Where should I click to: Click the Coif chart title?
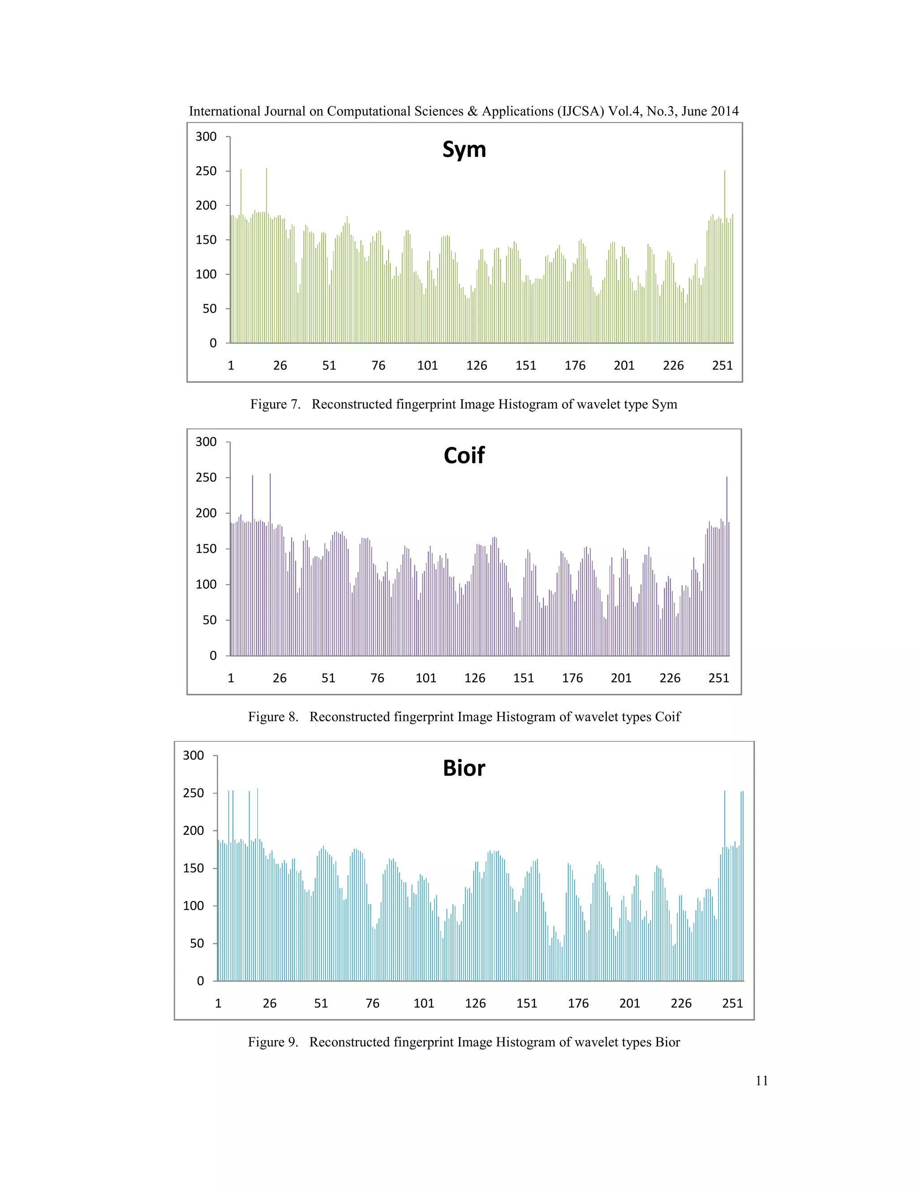point(464,455)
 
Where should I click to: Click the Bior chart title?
point(464,768)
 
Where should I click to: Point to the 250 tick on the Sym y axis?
point(206,171)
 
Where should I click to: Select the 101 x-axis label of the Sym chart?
point(428,365)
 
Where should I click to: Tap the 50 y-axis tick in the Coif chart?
point(209,620)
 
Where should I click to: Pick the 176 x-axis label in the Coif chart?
point(572,678)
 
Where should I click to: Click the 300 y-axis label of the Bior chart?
point(194,755)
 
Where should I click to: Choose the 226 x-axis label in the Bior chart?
point(681,1004)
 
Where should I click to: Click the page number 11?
point(762,1081)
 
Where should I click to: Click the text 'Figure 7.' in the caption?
point(275,405)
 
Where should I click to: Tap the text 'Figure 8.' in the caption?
point(273,717)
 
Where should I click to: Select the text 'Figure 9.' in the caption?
point(273,1042)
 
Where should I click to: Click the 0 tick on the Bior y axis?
point(200,981)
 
